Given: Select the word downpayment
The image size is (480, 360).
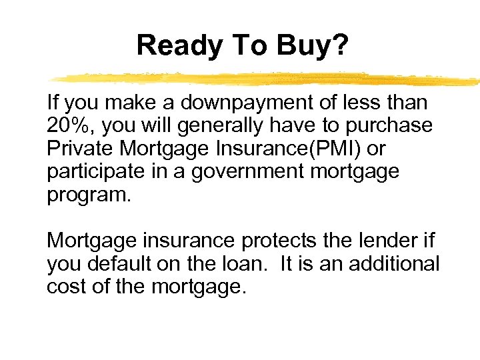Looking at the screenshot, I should click(x=237, y=103).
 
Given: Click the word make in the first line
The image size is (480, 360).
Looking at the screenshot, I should click(x=126, y=103).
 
